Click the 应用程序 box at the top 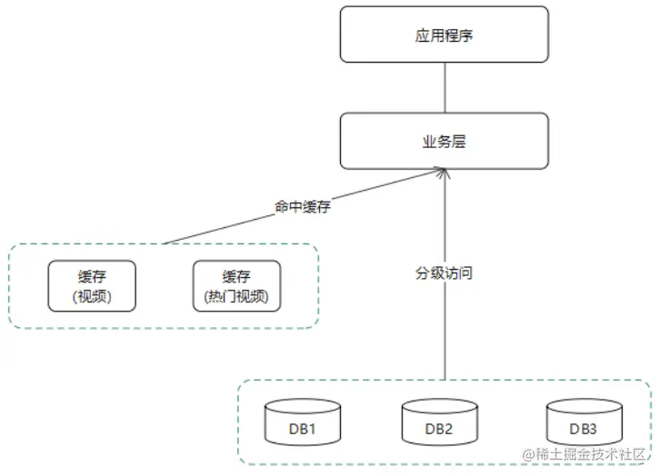(445, 36)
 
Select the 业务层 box (445, 141)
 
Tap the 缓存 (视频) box (92, 286)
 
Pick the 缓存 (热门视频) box (237, 286)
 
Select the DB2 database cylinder (440, 424)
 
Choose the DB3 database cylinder (585, 424)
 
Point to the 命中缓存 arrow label (303, 206)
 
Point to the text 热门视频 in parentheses (237, 297)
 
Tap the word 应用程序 (445, 36)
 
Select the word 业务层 (445, 142)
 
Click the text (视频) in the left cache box (92, 297)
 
